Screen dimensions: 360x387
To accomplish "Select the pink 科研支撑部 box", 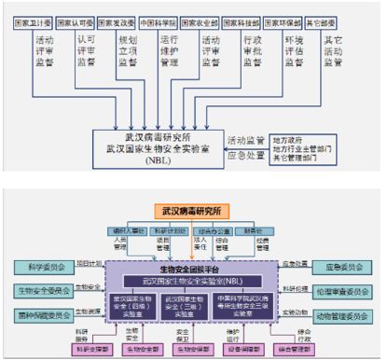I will pos(85,349).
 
